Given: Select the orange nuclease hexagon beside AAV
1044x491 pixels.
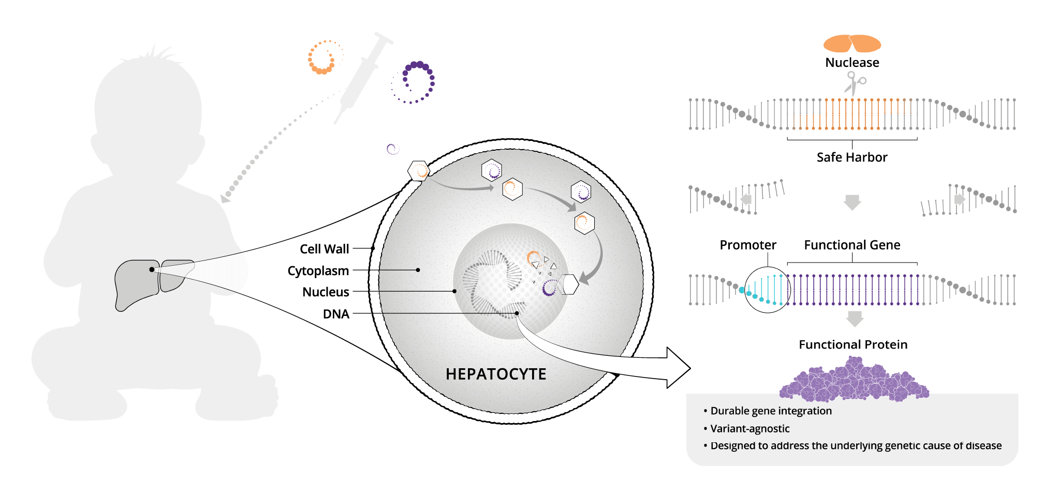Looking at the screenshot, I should click(325, 57).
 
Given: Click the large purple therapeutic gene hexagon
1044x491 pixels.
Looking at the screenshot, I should click(414, 82).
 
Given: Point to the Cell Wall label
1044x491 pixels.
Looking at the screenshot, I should click(324, 249).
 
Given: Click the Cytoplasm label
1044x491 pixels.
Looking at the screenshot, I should click(318, 271).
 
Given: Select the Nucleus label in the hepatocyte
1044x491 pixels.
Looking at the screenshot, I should click(326, 292).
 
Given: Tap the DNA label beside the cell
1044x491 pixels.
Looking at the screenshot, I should click(336, 314).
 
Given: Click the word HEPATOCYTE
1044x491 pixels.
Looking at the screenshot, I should click(496, 374).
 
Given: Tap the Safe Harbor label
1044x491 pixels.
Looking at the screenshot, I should click(852, 157).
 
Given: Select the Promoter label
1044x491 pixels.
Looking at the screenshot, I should click(748, 245).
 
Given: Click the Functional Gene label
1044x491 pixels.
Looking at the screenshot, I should click(852, 245).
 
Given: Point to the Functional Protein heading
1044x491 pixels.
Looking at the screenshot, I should click(853, 345).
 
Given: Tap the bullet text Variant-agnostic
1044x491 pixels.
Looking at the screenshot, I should click(749, 429).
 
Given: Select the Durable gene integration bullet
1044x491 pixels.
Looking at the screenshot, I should click(771, 411).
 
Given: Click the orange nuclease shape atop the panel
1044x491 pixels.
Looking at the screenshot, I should click(852, 44).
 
